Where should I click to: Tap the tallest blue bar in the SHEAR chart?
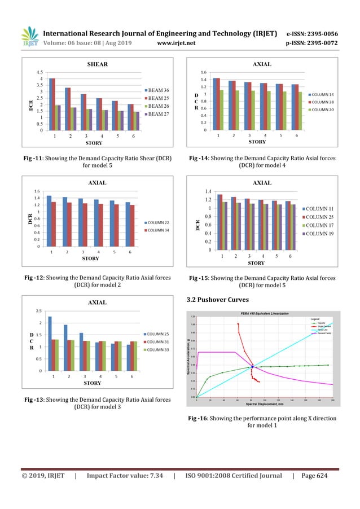coord(52,104)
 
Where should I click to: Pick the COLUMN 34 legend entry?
coord(161,230)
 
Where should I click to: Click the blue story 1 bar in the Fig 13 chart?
coord(50,344)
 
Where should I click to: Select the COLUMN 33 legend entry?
coord(161,349)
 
